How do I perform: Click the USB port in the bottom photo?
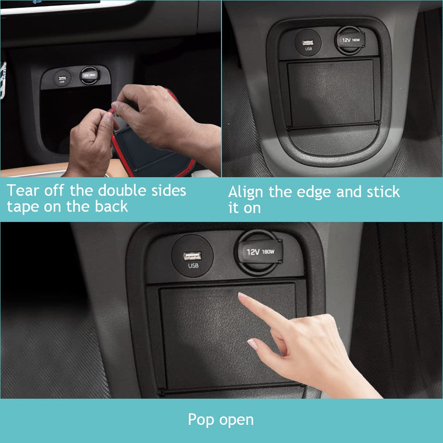(193, 256)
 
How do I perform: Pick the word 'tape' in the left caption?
(23, 207)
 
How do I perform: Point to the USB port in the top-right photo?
(309, 43)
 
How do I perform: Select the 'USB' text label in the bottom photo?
(193, 266)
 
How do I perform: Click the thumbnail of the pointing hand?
(253, 343)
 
